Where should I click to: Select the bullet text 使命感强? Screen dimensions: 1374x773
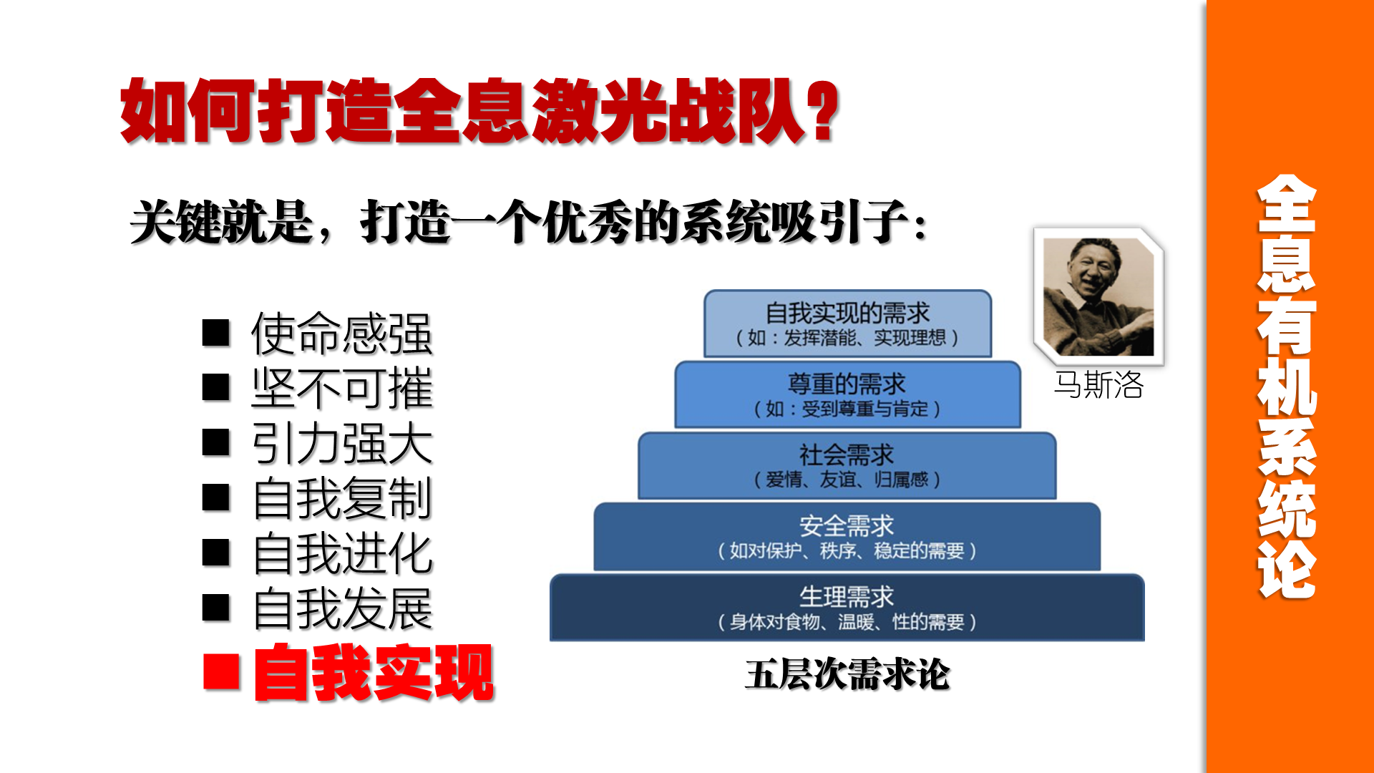[342, 334]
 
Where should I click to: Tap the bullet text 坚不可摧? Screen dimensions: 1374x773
[342, 389]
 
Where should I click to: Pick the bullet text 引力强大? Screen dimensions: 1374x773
[342, 444]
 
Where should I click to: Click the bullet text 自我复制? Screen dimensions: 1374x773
[342, 499]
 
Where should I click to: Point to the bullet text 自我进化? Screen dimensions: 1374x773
[342, 554]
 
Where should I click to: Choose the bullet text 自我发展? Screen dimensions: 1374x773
[342, 609]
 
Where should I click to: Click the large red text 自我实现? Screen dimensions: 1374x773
[374, 673]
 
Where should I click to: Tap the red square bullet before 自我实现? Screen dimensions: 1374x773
[221, 672]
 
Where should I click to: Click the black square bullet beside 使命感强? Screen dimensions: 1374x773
[216, 333]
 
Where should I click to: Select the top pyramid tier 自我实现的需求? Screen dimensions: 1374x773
[847, 324]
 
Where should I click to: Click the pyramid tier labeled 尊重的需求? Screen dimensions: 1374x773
[847, 394]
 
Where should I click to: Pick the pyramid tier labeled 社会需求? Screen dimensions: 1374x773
[847, 465]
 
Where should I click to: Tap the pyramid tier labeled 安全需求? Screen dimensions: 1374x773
[847, 537]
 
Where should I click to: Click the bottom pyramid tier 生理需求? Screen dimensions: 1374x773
[847, 608]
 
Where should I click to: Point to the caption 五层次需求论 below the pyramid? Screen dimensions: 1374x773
[847, 674]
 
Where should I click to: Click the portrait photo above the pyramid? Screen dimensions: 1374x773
[1098, 296]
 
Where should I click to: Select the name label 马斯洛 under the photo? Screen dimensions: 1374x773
[1098, 385]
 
